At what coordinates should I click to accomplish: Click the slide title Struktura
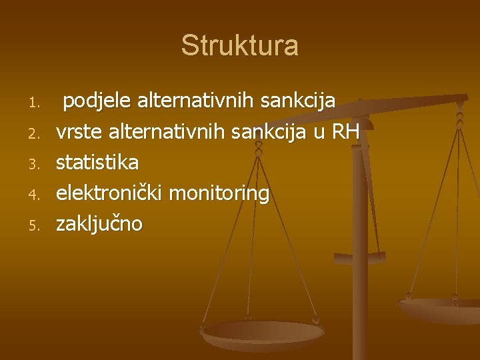click(239, 46)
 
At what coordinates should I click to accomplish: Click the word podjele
click(97, 102)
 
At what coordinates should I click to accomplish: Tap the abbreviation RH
click(345, 132)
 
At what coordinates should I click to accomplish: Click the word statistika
click(97, 163)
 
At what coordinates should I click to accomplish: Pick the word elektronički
click(110, 193)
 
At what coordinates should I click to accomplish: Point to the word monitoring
click(219, 193)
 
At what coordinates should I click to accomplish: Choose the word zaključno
click(99, 224)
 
